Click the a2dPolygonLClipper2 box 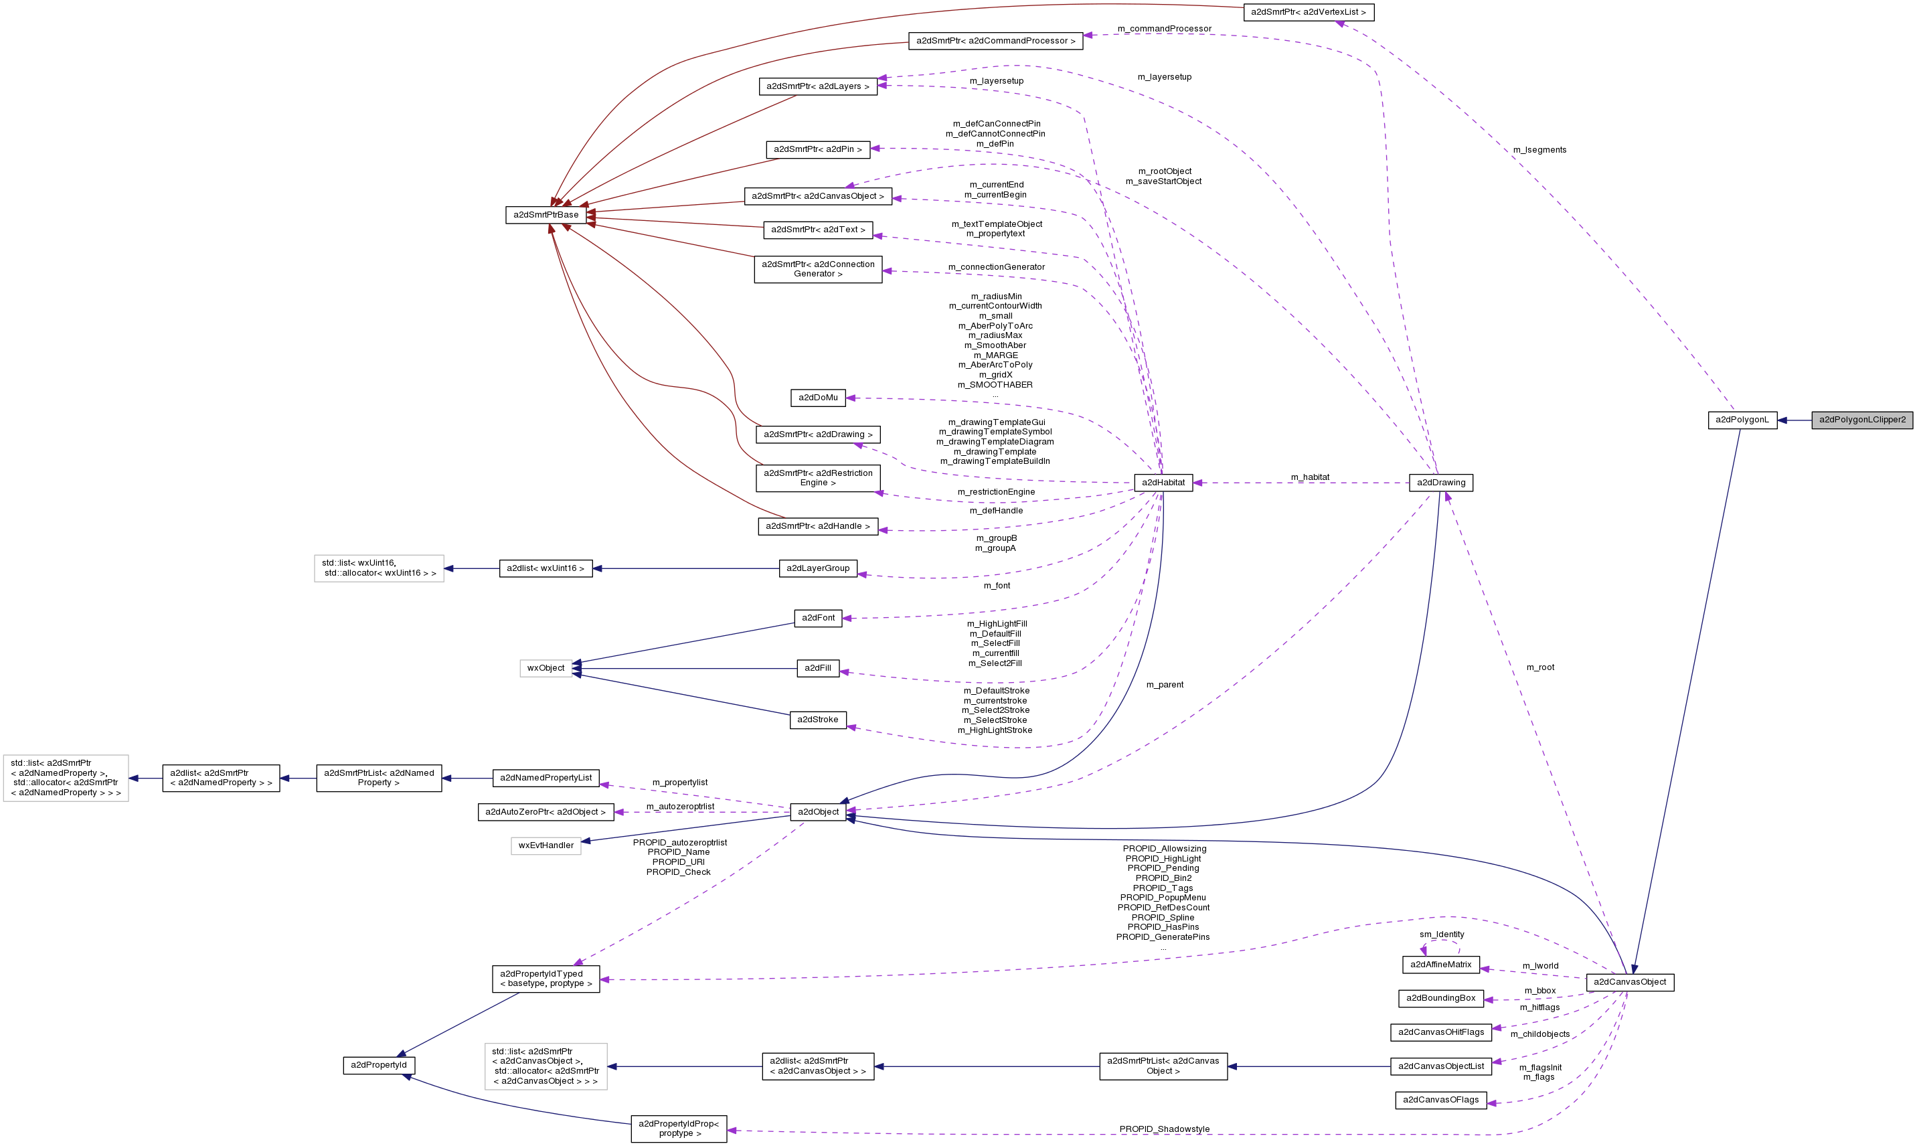(x=1861, y=420)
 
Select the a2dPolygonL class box (x=1742, y=420)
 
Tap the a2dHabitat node (x=1163, y=483)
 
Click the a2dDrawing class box (x=1440, y=483)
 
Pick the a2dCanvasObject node (x=1630, y=982)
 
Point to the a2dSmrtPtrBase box (x=546, y=215)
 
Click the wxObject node (x=546, y=668)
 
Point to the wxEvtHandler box (x=546, y=845)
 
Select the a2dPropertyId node (x=378, y=1065)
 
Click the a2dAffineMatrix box (x=1440, y=965)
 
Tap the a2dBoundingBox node (x=1440, y=999)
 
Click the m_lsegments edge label (x=1539, y=150)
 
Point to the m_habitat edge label (x=1310, y=477)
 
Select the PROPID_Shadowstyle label (x=1164, y=1129)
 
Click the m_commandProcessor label (x=1164, y=29)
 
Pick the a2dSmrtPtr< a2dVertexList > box (x=1308, y=12)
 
